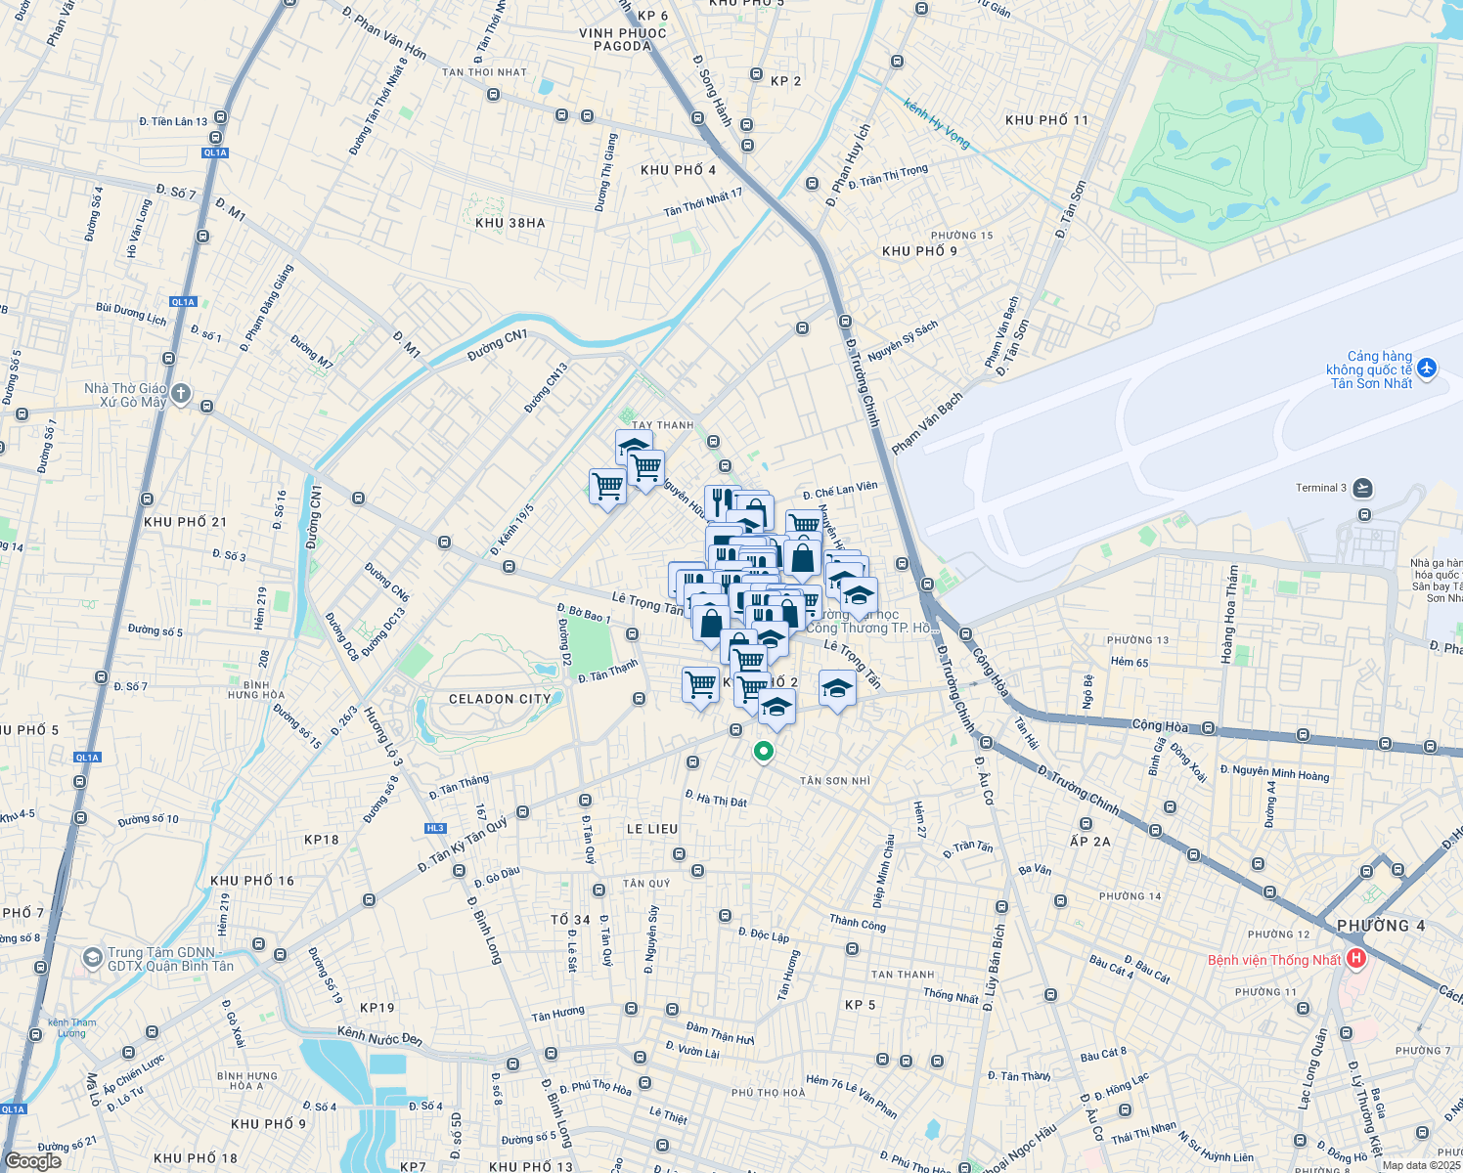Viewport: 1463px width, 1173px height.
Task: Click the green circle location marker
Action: pyautogui.click(x=763, y=752)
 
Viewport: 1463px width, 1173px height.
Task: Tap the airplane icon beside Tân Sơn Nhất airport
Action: pyautogui.click(x=1427, y=369)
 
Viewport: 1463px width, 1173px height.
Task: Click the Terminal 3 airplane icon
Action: pyautogui.click(x=1363, y=488)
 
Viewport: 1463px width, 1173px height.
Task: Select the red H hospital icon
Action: pyautogui.click(x=1355, y=959)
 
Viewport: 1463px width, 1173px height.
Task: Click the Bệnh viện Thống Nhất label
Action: pyautogui.click(x=1273, y=960)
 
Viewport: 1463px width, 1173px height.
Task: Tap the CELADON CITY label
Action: pyautogui.click(x=500, y=699)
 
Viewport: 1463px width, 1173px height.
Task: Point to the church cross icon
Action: pyautogui.click(x=181, y=394)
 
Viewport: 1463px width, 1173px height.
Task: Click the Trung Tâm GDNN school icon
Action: pyautogui.click(x=92, y=958)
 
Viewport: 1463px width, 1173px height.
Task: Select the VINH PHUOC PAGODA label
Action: pyautogui.click(x=623, y=39)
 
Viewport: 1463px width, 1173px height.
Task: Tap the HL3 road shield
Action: pyautogui.click(x=435, y=828)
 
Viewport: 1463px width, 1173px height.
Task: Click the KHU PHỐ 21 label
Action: pyautogui.click(x=185, y=522)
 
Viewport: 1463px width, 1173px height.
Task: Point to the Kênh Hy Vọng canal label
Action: pyautogui.click(x=937, y=124)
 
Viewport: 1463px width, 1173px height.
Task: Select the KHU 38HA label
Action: pyautogui.click(x=510, y=223)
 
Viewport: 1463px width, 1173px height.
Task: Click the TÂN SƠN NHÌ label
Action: pyautogui.click(x=834, y=780)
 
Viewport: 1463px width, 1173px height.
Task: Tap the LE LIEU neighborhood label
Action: pyautogui.click(x=651, y=829)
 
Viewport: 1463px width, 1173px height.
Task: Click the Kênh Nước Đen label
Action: pyautogui.click(x=379, y=1035)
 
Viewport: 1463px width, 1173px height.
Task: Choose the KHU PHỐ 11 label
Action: pyautogui.click(x=1046, y=120)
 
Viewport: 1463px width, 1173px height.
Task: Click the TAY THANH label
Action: pyautogui.click(x=662, y=425)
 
